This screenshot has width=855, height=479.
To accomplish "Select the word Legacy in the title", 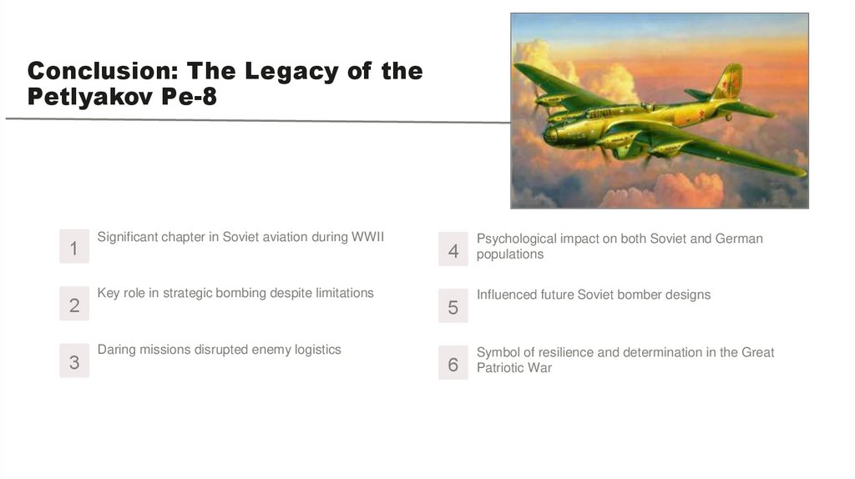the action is [291, 73].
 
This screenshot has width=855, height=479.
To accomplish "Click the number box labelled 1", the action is [74, 246].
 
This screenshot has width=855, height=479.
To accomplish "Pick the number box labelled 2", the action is [74, 304].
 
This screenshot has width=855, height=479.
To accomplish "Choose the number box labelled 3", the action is [74, 361].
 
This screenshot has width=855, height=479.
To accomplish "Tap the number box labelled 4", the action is [453, 249].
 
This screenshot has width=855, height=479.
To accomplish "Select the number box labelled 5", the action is [453, 305].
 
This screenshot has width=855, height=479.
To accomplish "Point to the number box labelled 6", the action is [453, 362].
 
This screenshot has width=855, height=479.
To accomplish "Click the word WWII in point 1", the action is [367, 237].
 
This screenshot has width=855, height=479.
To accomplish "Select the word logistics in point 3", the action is [318, 350].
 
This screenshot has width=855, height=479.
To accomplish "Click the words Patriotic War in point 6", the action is [514, 368].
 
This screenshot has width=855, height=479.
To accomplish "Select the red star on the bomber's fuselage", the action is [701, 114].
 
